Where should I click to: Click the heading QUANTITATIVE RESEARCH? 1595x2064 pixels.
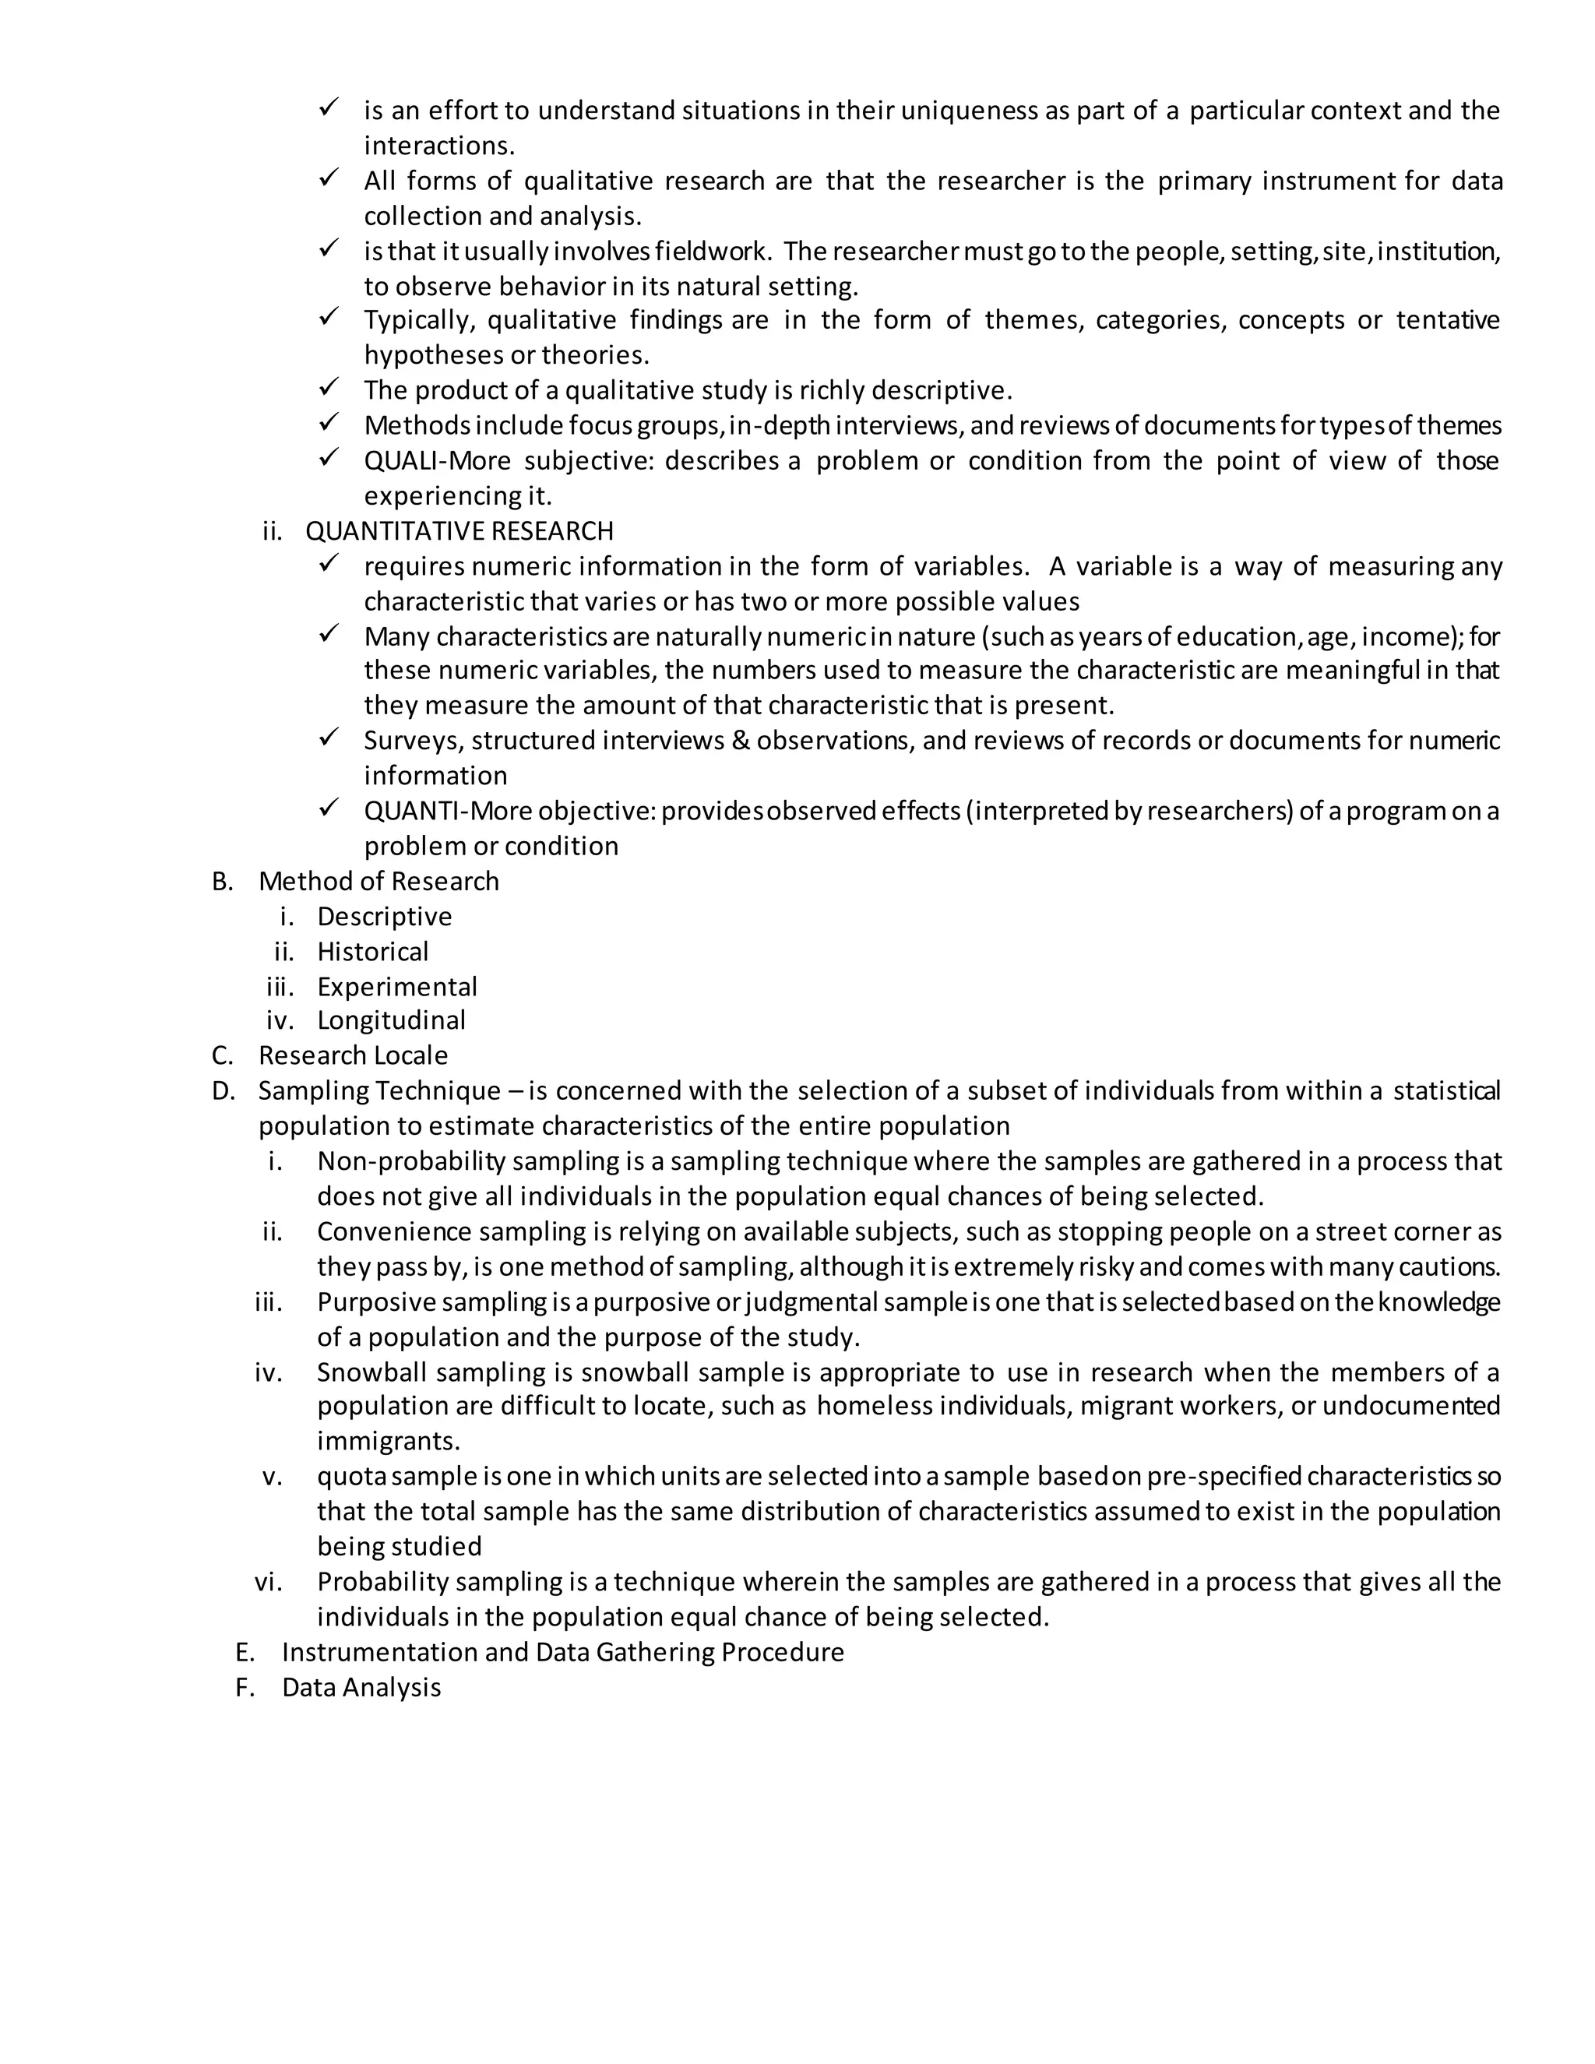(x=459, y=531)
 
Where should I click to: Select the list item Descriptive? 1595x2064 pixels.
(x=385, y=917)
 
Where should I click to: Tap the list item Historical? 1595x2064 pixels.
(x=372, y=952)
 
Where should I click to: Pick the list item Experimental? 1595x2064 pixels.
(x=397, y=987)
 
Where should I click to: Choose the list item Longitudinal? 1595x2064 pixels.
(x=391, y=1020)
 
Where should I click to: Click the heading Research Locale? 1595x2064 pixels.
(x=354, y=1055)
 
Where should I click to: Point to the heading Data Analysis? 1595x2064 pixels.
(x=361, y=1688)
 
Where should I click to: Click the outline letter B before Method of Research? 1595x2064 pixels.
(x=222, y=882)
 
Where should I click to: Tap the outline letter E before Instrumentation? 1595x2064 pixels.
(x=245, y=1653)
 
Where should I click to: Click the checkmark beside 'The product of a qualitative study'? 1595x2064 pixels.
(x=329, y=387)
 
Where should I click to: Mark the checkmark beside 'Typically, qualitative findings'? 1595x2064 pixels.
(x=329, y=318)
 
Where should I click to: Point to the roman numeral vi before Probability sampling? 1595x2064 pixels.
(x=269, y=1583)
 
